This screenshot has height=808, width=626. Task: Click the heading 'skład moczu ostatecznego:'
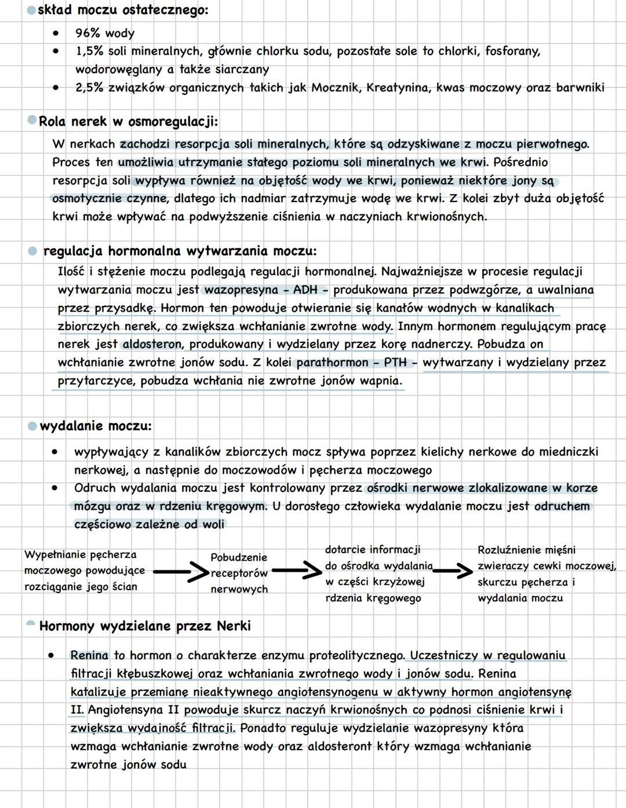123,10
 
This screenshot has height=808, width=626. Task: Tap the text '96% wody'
105,34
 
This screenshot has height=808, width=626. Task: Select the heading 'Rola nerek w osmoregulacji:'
128,122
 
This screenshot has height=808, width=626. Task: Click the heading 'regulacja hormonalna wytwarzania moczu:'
180,251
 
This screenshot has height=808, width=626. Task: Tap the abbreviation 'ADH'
305,290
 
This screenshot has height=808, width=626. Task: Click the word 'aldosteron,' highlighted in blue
152,344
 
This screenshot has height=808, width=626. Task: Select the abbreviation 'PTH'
395,363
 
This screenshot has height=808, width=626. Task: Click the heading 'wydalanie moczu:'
96,426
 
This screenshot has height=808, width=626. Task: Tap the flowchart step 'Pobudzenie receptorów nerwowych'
239,573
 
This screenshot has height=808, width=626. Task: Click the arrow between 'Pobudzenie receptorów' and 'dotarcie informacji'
297,572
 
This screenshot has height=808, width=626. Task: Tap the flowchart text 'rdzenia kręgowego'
373,598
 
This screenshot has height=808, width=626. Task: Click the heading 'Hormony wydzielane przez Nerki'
145,626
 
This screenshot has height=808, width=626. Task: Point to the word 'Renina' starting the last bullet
89,655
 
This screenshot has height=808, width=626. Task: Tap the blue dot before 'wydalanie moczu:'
32,426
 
